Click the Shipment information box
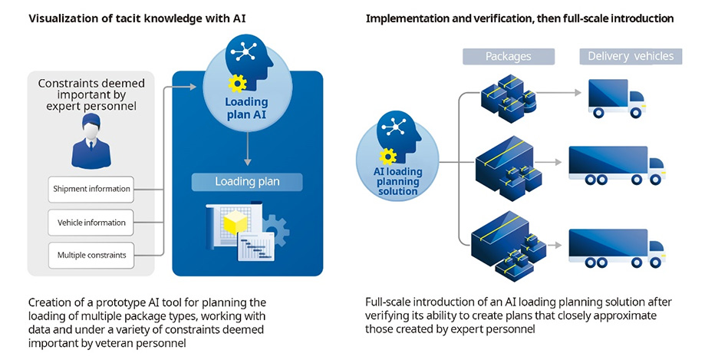point(91,189)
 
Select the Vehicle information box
point(91,222)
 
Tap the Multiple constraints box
point(91,254)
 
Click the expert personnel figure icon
point(91,141)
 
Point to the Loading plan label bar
point(247,182)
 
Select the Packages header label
point(509,56)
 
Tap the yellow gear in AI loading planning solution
point(388,157)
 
